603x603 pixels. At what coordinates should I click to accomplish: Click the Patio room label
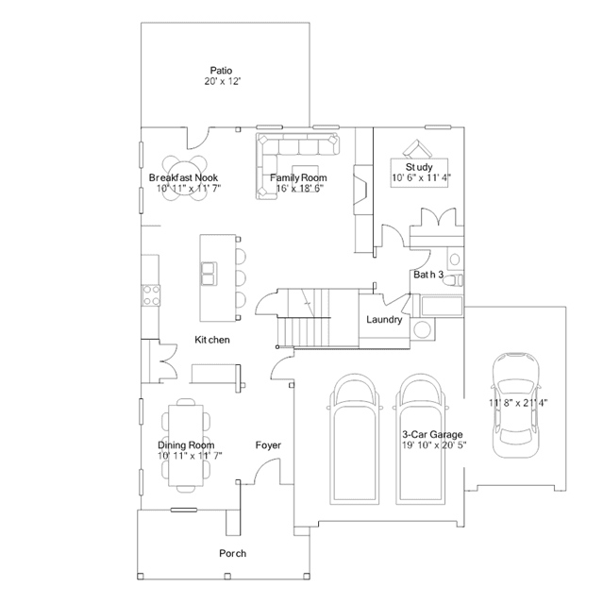click(221, 71)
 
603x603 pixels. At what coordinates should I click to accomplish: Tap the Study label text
click(419, 167)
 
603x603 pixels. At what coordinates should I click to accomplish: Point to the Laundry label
click(384, 320)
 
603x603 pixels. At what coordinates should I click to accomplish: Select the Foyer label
click(268, 445)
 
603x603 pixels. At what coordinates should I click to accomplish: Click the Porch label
click(232, 553)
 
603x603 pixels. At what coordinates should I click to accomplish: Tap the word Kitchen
click(212, 340)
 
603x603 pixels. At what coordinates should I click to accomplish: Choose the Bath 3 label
click(428, 275)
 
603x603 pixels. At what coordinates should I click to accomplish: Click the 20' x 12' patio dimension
click(223, 81)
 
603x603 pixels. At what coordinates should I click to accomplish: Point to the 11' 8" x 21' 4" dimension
click(518, 403)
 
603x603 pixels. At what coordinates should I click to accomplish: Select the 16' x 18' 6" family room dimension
click(299, 188)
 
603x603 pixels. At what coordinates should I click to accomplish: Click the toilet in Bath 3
click(453, 280)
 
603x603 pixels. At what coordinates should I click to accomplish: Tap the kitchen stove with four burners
click(151, 295)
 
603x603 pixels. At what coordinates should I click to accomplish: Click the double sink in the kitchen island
click(209, 274)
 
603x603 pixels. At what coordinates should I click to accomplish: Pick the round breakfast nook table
click(184, 178)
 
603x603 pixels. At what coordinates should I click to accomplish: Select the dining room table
click(186, 445)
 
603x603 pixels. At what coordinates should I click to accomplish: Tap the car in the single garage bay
click(516, 405)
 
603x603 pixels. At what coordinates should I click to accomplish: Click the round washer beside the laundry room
click(422, 329)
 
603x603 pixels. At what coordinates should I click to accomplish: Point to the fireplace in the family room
click(362, 190)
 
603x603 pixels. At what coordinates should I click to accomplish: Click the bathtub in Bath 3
click(442, 306)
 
